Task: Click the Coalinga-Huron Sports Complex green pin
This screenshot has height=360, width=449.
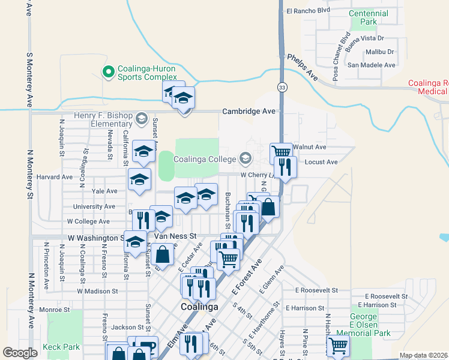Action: point(109,73)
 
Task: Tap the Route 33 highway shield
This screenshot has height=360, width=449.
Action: point(282,88)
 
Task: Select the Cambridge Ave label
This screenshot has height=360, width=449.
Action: point(249,112)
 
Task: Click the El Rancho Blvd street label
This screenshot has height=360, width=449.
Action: point(309,10)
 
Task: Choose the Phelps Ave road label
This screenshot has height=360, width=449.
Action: point(303,65)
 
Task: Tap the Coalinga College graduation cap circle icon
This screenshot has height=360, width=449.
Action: point(245,158)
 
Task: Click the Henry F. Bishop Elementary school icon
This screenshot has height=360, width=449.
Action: point(141,117)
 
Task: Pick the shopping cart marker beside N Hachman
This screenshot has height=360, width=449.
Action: point(338,346)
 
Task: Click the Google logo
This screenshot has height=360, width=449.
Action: point(20,353)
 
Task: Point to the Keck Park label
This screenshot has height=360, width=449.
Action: point(61,347)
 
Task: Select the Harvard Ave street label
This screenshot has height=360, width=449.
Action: point(55,177)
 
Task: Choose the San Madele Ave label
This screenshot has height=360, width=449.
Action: point(372,65)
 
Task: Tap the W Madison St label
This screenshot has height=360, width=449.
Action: point(97,291)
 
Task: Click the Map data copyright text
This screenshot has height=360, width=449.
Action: point(423,355)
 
